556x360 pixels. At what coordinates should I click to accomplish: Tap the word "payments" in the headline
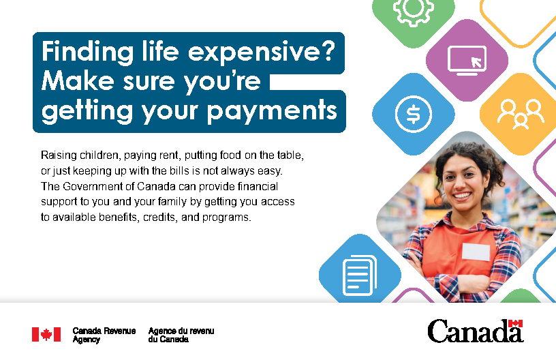point(272,111)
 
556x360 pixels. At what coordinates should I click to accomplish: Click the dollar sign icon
point(414,115)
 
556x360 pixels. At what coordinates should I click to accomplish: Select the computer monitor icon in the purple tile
point(467,60)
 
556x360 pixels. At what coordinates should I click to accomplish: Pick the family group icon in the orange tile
point(521,115)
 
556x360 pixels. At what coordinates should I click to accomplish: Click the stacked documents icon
point(360,275)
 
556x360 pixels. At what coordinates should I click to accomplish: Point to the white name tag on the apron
point(476,252)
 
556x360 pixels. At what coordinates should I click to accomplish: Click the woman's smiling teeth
point(463,196)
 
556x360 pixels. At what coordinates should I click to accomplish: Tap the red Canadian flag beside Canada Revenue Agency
point(46,335)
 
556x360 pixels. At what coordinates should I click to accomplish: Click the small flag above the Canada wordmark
point(515,323)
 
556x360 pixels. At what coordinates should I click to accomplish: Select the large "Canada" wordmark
point(476,331)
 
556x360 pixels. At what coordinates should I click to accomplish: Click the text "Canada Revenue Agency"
point(104,335)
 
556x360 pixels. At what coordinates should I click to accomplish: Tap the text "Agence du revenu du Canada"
point(181,335)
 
